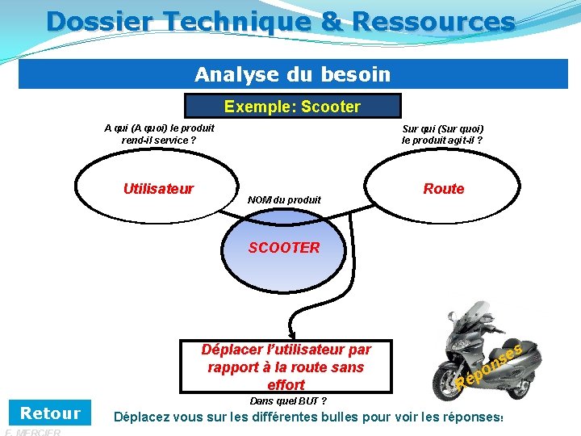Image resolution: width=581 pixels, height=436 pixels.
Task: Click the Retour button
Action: [x=50, y=413]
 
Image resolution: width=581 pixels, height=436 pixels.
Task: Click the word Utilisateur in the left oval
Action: [x=158, y=189]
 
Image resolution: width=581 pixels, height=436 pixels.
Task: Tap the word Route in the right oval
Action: [x=444, y=189]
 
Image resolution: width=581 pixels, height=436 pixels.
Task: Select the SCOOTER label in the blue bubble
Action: [x=284, y=248]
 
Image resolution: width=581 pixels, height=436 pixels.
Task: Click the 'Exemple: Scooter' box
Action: [x=292, y=107]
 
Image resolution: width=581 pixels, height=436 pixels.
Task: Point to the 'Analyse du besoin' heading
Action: [x=292, y=75]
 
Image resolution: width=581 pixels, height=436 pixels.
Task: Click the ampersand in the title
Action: [x=331, y=20]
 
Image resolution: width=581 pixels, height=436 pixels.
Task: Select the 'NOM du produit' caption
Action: [x=284, y=199]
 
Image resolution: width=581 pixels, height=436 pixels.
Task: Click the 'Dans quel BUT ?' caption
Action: [x=288, y=401]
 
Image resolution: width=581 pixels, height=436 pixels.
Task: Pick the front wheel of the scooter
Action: [x=449, y=377]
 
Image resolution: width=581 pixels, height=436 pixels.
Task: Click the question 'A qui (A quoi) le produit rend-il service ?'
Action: [x=159, y=134]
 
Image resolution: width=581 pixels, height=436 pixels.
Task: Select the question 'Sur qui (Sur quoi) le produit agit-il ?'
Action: [x=442, y=134]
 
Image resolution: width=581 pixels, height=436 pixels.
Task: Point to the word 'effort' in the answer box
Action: [x=286, y=385]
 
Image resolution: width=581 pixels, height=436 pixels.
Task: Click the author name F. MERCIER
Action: [x=33, y=432]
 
